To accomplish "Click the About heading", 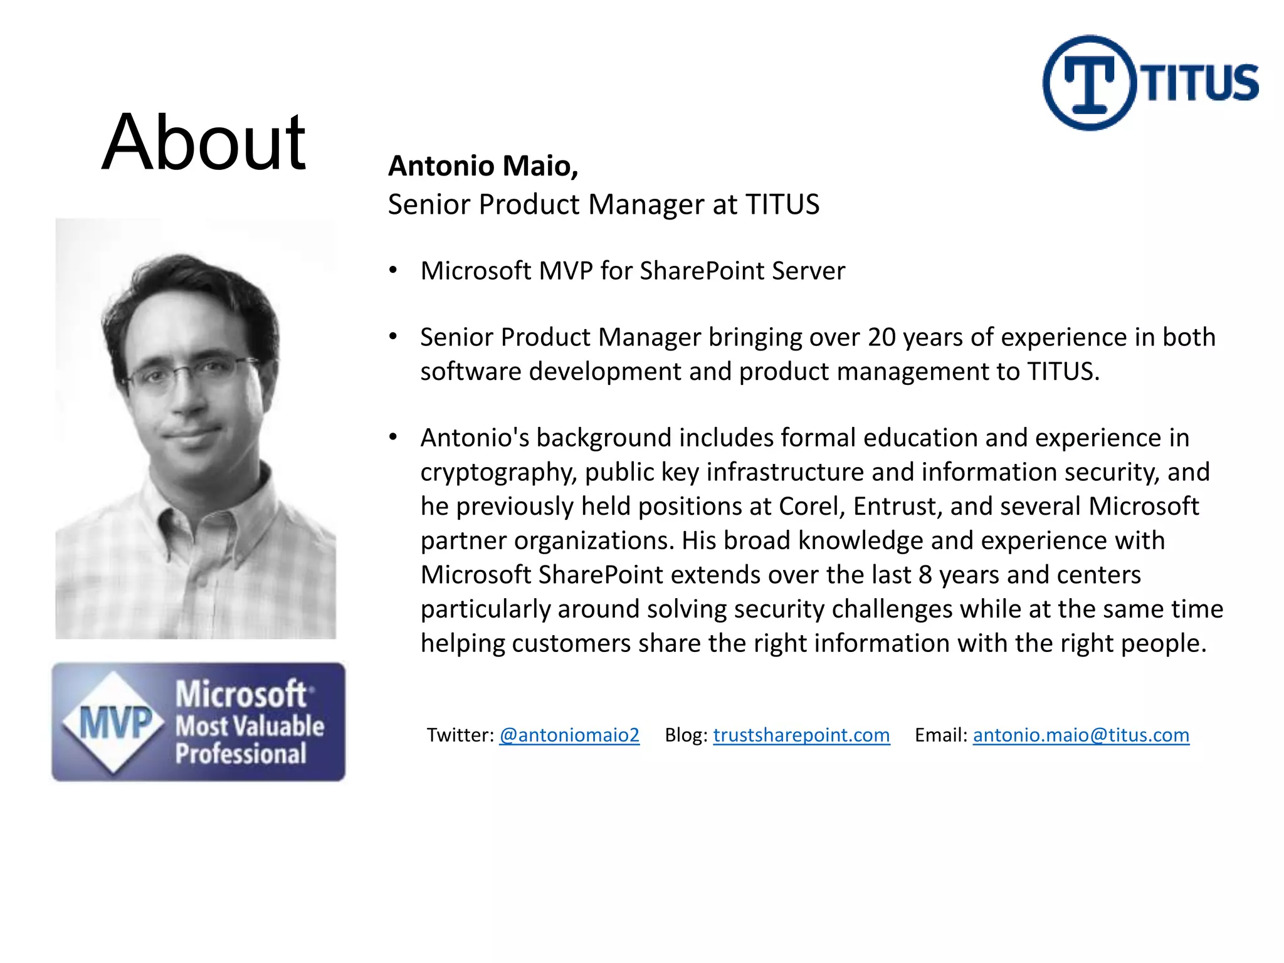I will click(x=204, y=142).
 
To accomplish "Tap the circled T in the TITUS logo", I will click(x=1090, y=83).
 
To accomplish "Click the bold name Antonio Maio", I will click(x=483, y=166).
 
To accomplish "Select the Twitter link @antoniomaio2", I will click(x=569, y=735).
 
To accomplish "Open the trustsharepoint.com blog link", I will click(x=801, y=735).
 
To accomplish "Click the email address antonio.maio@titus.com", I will click(x=1081, y=735).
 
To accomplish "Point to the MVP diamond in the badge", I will click(x=114, y=722).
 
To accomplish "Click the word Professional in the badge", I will click(x=241, y=754).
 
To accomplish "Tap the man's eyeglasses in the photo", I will click(x=188, y=375).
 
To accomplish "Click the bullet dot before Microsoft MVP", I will click(x=393, y=271).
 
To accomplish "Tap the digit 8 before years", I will click(x=925, y=575).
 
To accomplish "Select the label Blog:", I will click(x=686, y=735).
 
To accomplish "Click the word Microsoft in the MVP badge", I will click(x=241, y=695).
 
